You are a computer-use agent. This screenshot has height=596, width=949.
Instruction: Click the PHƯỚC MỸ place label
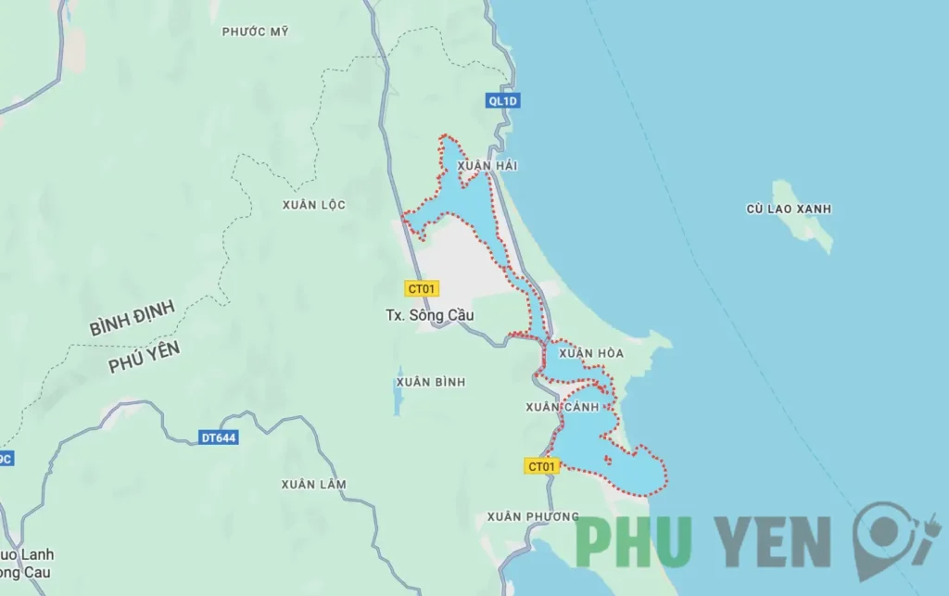coord(255,32)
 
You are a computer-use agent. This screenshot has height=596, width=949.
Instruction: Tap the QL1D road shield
coord(503,101)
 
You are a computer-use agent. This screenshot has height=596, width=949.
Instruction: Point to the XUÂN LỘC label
coord(314,205)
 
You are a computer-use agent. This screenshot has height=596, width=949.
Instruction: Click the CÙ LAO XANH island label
coord(788,209)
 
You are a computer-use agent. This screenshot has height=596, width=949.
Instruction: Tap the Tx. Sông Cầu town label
coord(429,315)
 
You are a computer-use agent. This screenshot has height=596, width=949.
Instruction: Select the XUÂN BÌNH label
coord(430,382)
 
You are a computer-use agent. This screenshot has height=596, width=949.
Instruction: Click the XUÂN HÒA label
coord(584,353)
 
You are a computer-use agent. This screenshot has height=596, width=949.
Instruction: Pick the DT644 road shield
coord(219,437)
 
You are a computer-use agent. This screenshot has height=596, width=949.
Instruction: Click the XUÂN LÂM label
coord(313,484)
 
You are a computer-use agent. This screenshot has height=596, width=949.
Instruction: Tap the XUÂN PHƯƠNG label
coord(533,516)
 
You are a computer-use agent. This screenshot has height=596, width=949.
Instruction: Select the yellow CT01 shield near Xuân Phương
coord(541,466)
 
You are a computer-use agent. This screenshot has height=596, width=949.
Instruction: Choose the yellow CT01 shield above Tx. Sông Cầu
coord(423,288)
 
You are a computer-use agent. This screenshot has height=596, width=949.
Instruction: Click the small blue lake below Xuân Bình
coord(398,401)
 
